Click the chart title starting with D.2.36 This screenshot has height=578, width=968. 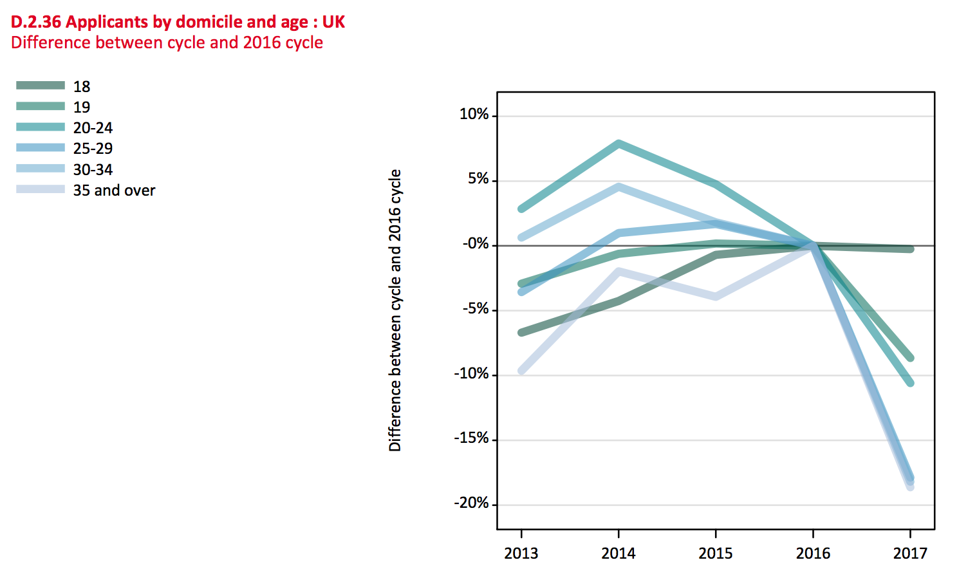pos(178,22)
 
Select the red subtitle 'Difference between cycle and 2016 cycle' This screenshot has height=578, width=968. pos(167,43)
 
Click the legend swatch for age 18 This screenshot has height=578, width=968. pos(41,86)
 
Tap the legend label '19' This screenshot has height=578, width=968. pos(82,107)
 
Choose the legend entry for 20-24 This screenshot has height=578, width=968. pos(93,128)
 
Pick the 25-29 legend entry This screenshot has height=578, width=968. pos(93,149)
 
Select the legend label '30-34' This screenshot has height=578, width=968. pos(93,170)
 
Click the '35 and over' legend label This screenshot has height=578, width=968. pos(114,191)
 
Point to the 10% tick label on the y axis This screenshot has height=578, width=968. pos(474,115)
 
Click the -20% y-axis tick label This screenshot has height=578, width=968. pos(471,503)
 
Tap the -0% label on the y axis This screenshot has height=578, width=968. pos(475,244)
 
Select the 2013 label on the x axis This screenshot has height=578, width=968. pos(521,554)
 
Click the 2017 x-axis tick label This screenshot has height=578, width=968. pos(910,554)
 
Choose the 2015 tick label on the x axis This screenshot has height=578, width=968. pos(716,554)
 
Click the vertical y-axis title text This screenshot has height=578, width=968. pos(395,310)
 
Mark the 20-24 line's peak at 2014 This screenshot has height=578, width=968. pos(619,144)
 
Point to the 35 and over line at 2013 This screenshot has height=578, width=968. pos(521,371)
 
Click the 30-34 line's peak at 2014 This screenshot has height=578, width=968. pos(619,187)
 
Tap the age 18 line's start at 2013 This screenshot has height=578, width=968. pos(521,333)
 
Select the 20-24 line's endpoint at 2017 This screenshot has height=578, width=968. pos(910,383)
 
